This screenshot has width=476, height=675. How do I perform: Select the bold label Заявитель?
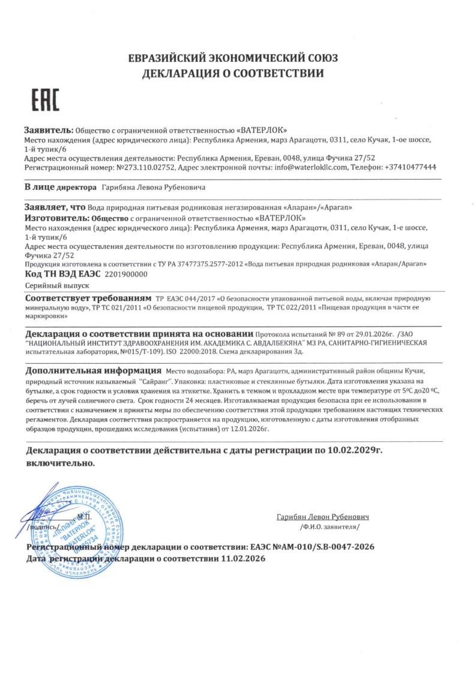pos(48,130)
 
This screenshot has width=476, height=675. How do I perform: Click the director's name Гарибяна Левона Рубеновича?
pos(153,188)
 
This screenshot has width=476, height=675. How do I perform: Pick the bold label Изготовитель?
pos(56,218)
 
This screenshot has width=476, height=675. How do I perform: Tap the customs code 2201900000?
pos(125,273)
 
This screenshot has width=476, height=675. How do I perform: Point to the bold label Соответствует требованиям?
pos(88,298)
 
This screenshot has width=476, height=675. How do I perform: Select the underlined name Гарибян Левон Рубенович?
pos(322,516)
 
